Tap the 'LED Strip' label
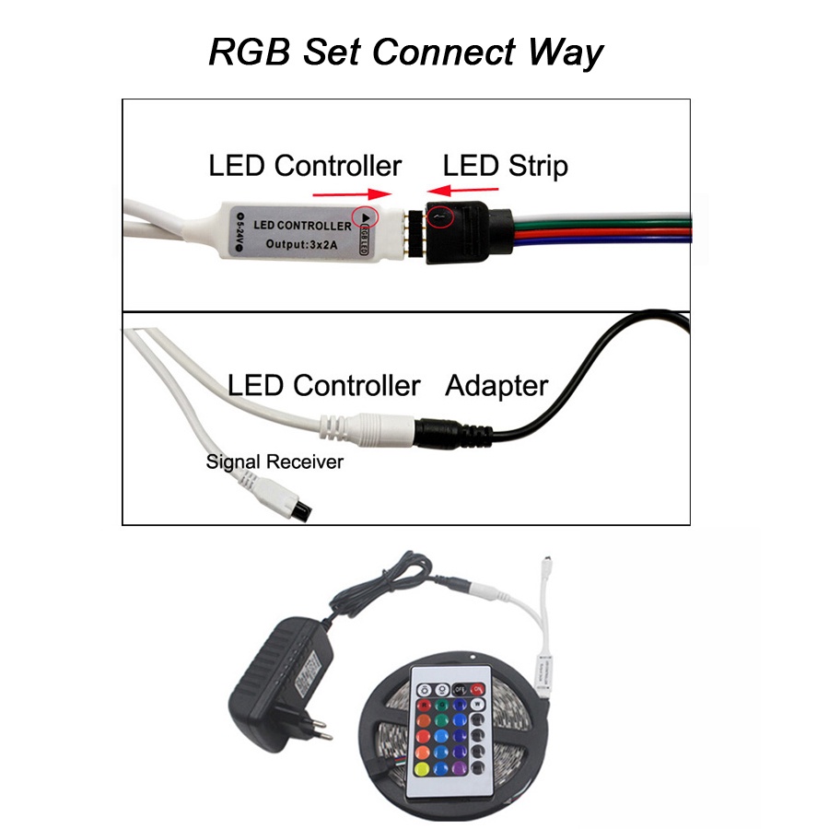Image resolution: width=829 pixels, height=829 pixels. pyautogui.click(x=505, y=166)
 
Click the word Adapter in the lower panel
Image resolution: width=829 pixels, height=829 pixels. pyautogui.click(x=496, y=386)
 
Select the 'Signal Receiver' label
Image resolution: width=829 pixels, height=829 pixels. pyautogui.click(x=274, y=461)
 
